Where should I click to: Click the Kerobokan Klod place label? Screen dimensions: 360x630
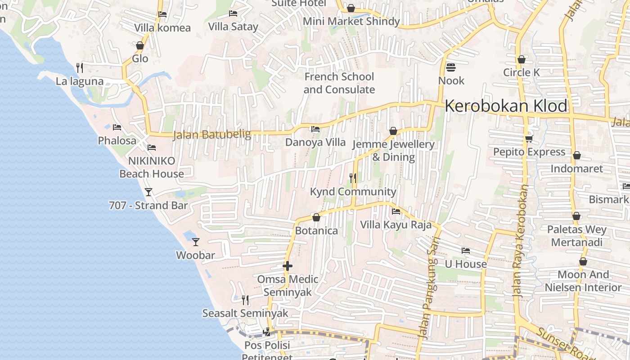pos(506,106)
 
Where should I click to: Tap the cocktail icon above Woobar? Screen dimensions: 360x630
pos(196,242)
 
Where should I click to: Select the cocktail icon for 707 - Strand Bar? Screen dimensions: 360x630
pos(148,192)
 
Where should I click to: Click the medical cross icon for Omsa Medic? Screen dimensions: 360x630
pos(288,266)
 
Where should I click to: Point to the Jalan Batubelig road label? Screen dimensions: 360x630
pos(212,134)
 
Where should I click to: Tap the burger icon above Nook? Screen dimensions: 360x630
pos(451,67)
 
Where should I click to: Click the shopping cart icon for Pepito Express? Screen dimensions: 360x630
pos(529,139)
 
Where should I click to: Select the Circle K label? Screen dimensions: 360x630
pos(521,72)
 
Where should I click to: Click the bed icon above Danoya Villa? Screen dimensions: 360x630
pos(315,129)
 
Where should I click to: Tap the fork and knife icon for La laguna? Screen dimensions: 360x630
pos(80,68)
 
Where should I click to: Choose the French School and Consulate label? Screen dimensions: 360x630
pos(339,83)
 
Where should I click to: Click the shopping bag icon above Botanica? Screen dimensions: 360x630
pos(316,218)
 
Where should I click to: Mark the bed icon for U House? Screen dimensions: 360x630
pos(466,251)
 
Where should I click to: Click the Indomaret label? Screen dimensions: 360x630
pos(576,169)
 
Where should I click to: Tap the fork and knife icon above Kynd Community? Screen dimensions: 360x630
pos(353,178)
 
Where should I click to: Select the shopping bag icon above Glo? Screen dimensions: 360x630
pos(140,45)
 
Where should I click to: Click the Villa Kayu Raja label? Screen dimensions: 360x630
pos(396,225)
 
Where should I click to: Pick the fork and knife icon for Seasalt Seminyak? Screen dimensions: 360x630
pos(245,300)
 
